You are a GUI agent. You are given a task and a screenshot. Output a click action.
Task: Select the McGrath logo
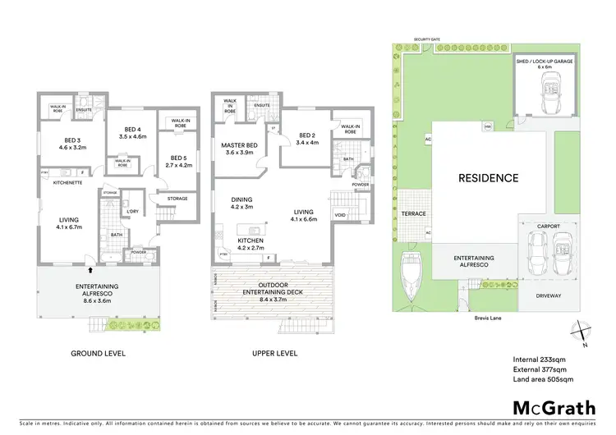(x=554, y=407)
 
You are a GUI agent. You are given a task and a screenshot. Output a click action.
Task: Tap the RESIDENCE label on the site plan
(x=488, y=177)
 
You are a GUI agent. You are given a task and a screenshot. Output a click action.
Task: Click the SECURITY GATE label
(x=427, y=39)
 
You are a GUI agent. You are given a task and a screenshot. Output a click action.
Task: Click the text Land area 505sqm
(x=543, y=379)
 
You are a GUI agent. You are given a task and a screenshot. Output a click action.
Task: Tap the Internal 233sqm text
(x=540, y=359)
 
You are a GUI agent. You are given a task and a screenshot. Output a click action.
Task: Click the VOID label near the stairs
(x=340, y=215)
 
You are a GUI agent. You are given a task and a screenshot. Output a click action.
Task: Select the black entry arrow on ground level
(x=91, y=268)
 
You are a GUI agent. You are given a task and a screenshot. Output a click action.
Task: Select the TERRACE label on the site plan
(x=412, y=213)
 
